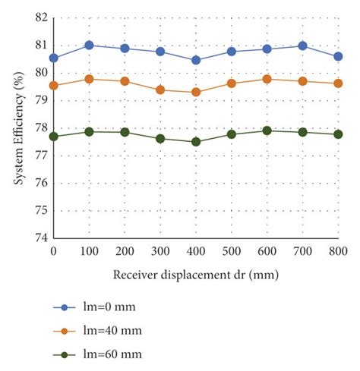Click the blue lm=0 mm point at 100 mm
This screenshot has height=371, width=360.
point(89,46)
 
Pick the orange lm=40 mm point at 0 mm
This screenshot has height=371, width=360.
point(53,86)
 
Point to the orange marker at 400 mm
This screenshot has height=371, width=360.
point(196,92)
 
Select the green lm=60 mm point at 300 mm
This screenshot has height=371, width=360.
point(160,139)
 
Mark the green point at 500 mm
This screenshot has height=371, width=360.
point(232,134)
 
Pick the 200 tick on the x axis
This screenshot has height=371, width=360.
point(125,250)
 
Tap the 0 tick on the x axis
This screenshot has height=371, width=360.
point(53,250)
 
